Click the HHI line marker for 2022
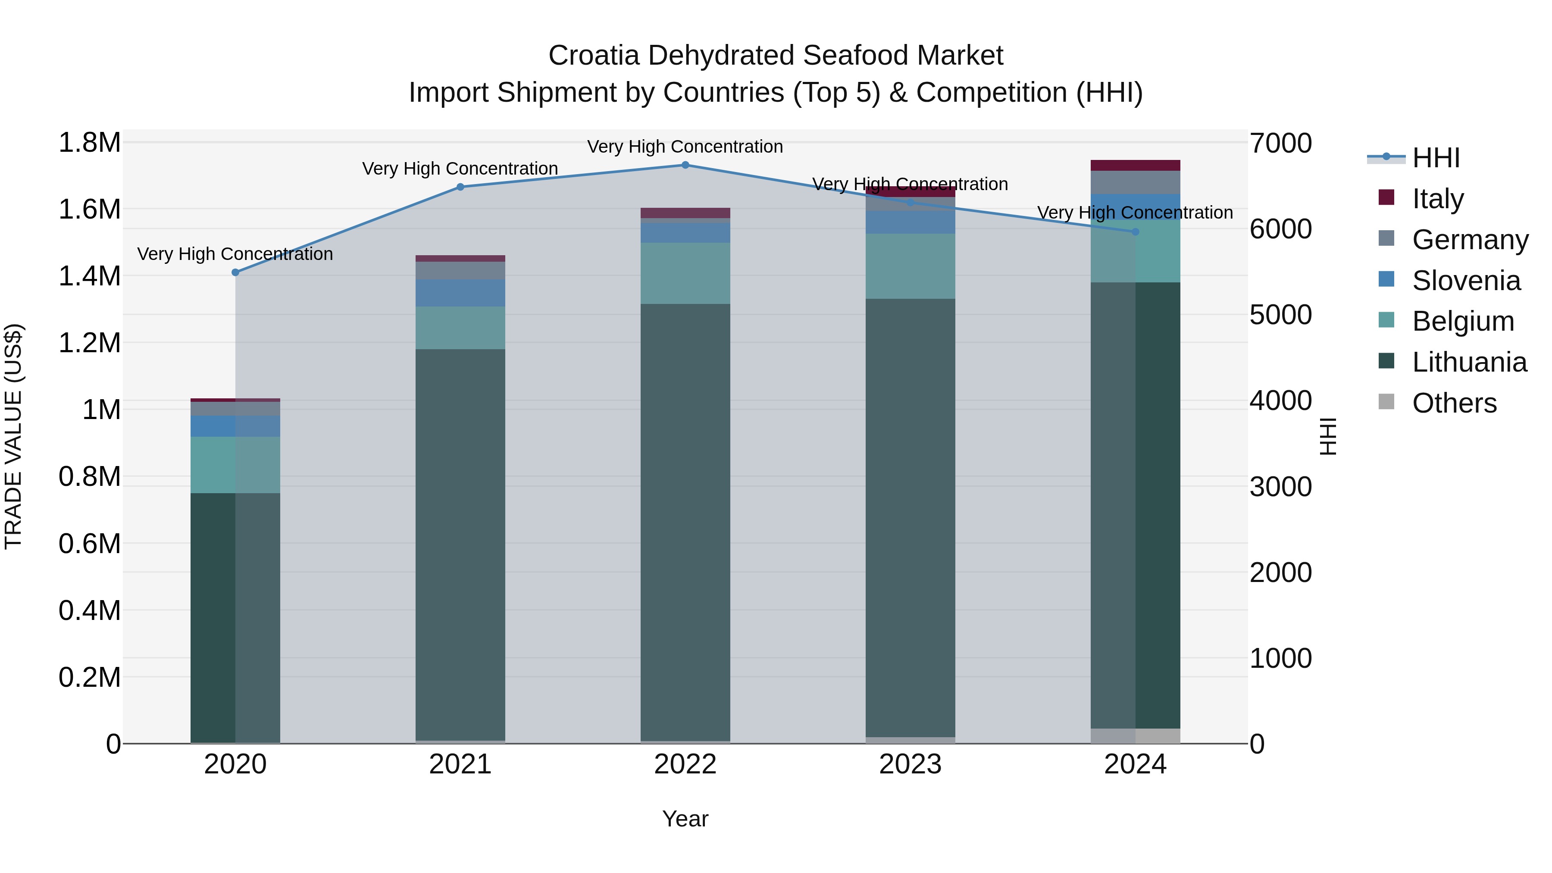click(x=685, y=165)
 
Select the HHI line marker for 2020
click(x=235, y=272)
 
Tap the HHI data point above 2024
click(x=1135, y=232)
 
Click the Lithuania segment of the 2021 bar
click(x=460, y=542)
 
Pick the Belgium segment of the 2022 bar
click(x=685, y=273)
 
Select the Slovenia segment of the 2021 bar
click(x=460, y=293)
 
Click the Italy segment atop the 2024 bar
click(x=1135, y=166)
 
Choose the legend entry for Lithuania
click(x=1469, y=362)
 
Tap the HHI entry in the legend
click(x=1436, y=158)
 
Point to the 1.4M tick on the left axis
click(x=90, y=276)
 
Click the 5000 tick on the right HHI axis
click(x=1280, y=315)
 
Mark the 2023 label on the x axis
click(x=910, y=764)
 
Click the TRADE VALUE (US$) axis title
click(x=13, y=436)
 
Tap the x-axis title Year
click(x=685, y=819)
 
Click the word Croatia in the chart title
click(x=594, y=56)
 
